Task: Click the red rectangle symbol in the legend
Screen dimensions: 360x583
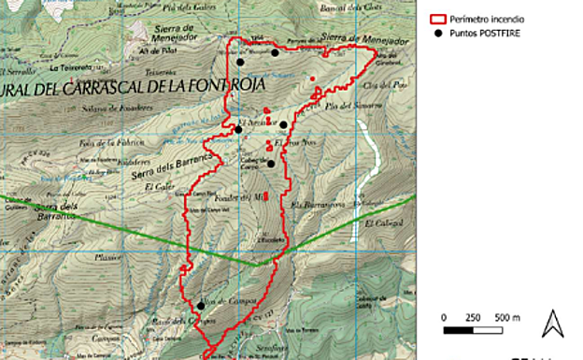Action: tap(436, 19)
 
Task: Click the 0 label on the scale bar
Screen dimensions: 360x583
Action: tap(445, 318)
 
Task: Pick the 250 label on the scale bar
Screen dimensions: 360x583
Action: tap(473, 318)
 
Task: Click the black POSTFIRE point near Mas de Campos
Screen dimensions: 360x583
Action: tap(200, 305)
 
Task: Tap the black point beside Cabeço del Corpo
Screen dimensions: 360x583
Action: tap(271, 164)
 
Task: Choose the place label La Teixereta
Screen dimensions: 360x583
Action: tap(74, 67)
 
